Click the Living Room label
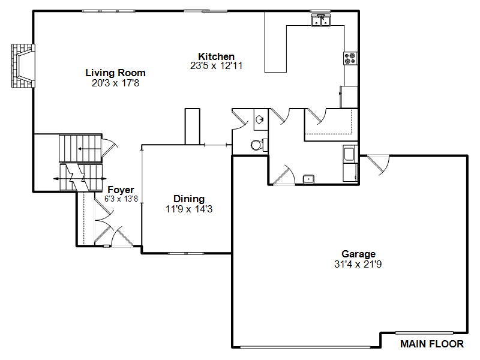click(x=115, y=73)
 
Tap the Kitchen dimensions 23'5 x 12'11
click(x=216, y=66)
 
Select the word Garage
click(x=358, y=254)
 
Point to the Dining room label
click(x=189, y=199)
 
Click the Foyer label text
click(x=121, y=190)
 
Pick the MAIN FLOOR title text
click(x=432, y=344)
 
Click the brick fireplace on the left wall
click(x=23, y=66)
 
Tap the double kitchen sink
click(x=321, y=20)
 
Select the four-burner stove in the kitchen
click(x=350, y=58)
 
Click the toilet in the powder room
click(x=259, y=145)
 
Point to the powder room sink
click(x=260, y=119)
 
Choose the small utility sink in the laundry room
click(x=308, y=179)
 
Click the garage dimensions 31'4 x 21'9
click(x=358, y=264)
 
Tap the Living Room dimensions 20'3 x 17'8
click(x=115, y=83)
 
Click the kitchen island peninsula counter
click(x=275, y=42)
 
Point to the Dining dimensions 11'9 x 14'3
click(x=189, y=209)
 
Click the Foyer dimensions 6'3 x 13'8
click(x=121, y=199)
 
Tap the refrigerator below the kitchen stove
click(x=349, y=97)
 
